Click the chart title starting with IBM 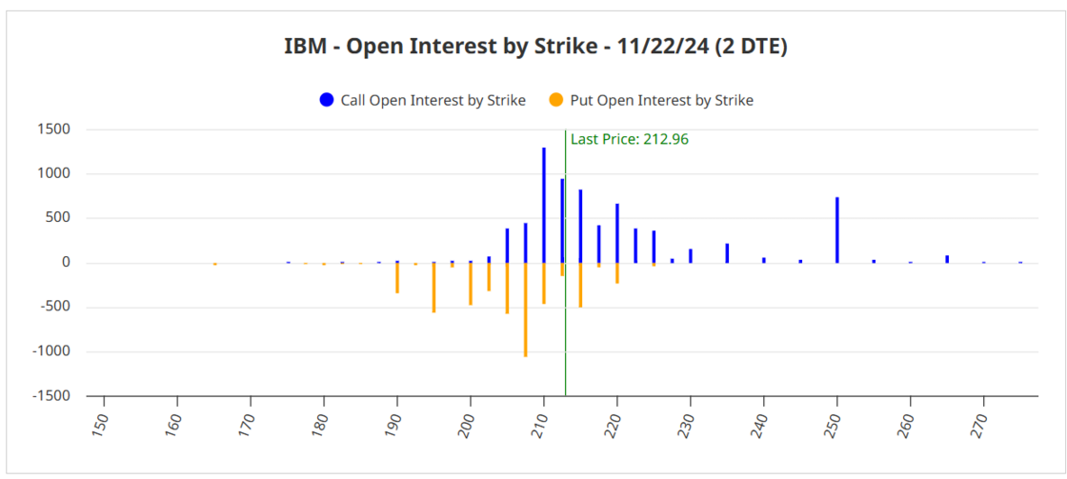click(x=535, y=47)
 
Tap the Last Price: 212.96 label click(x=629, y=139)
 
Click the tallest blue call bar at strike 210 click(x=544, y=205)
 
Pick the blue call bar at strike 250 click(x=836, y=230)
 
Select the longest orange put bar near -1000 click(x=525, y=309)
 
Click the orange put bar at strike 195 click(x=433, y=287)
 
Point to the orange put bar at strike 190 click(x=397, y=277)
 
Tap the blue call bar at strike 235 click(x=727, y=252)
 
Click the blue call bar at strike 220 click(x=617, y=232)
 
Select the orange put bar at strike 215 click(x=580, y=285)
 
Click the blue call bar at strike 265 click(x=947, y=258)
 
